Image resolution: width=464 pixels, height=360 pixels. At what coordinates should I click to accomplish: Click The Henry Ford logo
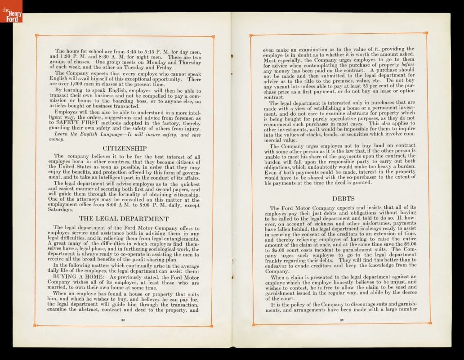[11, 11]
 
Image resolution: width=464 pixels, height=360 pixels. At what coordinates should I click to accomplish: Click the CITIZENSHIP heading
[125, 148]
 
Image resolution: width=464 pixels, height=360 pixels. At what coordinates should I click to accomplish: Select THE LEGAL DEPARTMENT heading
[124, 219]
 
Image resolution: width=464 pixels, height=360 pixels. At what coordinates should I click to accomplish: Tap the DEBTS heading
[344, 198]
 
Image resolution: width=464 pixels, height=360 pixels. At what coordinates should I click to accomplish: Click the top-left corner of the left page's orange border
[36, 35]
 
